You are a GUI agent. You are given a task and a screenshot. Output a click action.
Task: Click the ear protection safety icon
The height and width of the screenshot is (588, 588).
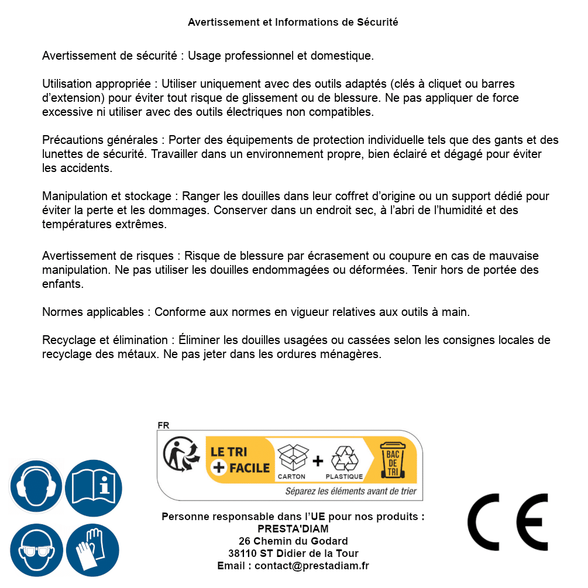point(36,486)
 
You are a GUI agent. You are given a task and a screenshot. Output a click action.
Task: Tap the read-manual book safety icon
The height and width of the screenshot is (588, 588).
point(94,486)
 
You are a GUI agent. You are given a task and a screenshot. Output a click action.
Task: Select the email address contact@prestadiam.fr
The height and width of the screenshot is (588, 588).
point(312,566)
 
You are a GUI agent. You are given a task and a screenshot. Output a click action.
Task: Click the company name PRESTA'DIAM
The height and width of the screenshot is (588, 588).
point(293,529)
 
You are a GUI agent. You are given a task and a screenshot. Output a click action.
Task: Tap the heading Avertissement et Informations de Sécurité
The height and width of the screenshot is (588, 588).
point(293,22)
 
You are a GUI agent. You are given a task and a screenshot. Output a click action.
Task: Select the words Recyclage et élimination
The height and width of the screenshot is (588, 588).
point(105,341)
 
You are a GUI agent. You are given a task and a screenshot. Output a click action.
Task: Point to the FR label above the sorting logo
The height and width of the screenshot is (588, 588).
point(163,425)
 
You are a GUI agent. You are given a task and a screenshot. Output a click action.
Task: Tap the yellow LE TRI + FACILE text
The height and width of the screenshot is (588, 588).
point(240,460)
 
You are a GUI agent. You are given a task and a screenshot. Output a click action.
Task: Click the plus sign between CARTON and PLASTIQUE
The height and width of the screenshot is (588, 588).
point(318,461)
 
